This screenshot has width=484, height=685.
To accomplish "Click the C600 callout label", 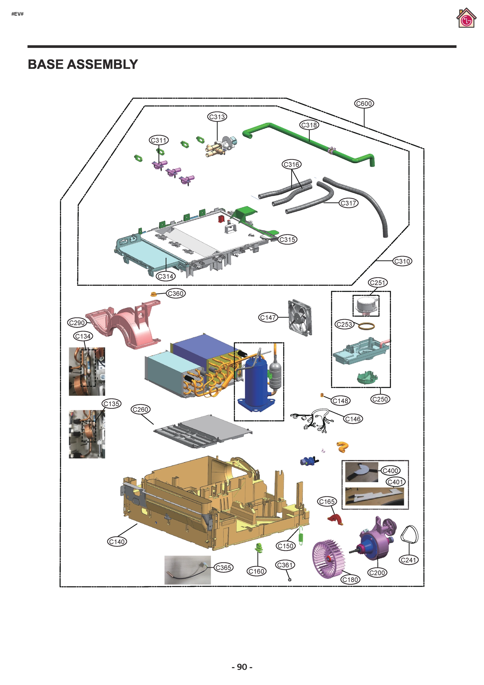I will point(364,104).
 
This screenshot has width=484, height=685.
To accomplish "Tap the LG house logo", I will point(466,19).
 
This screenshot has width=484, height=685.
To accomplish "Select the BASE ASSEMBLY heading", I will point(83,65).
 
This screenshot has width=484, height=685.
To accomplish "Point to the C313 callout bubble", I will point(217,117).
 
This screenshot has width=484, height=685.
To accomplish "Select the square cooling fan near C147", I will point(300,317).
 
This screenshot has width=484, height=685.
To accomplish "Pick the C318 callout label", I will point(309,125).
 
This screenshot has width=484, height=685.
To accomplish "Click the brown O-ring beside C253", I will point(366,326).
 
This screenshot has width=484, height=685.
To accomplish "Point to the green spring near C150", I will point(301,535).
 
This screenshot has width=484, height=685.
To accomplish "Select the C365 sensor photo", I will point(188,570).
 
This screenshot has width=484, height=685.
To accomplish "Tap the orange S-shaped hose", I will point(343,447).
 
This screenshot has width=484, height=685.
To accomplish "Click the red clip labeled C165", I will point(335,519).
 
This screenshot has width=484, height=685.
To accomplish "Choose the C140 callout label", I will point(117,541).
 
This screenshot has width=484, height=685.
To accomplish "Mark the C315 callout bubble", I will point(287,239).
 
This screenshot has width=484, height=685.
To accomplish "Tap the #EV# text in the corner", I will point(17,14).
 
